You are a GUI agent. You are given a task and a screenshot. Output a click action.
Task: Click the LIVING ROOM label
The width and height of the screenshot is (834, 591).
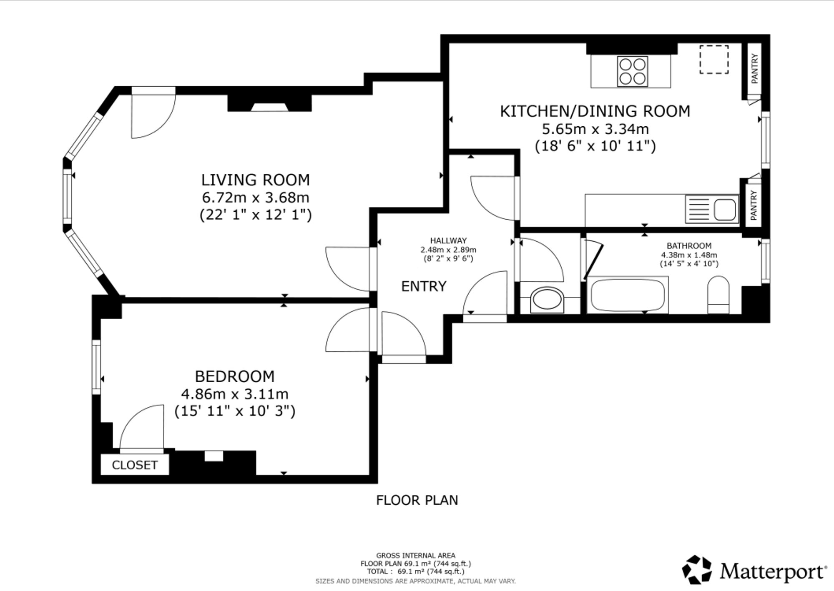[x=256, y=180]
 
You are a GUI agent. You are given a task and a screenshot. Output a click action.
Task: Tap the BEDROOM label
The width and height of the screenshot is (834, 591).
[x=235, y=376]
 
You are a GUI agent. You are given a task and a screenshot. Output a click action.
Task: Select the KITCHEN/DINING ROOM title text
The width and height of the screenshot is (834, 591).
[x=595, y=111]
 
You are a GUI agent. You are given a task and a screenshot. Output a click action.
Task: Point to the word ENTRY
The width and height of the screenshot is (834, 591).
[x=424, y=286]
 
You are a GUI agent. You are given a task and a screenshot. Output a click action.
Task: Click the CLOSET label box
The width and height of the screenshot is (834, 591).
[x=135, y=465]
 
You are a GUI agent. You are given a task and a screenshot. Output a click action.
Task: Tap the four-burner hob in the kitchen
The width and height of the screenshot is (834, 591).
[x=633, y=72]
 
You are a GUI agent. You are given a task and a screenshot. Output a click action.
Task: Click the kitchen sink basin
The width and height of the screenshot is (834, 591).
[x=725, y=209]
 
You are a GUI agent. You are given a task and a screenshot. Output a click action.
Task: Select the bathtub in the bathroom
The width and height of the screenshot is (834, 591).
[x=628, y=295]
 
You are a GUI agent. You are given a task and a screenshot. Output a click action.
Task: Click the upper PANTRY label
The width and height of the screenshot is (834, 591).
[x=754, y=69]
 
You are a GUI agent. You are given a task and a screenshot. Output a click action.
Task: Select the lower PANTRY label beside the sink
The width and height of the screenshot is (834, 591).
[x=754, y=205]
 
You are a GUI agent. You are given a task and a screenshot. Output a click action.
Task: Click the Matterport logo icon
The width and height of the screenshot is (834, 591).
[x=697, y=569]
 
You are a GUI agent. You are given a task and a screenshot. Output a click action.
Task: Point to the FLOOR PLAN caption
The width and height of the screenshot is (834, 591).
[x=417, y=500]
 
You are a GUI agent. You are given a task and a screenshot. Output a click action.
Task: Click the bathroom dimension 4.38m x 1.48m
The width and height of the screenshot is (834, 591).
[x=689, y=255]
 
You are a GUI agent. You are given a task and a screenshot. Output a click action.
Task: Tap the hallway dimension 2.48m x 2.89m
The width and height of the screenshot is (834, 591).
[x=448, y=250]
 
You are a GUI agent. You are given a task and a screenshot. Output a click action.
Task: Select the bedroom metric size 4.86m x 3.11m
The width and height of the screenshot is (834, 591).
[x=235, y=394]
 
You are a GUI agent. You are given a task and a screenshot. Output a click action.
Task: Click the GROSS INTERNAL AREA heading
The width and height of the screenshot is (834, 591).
[x=416, y=556]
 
